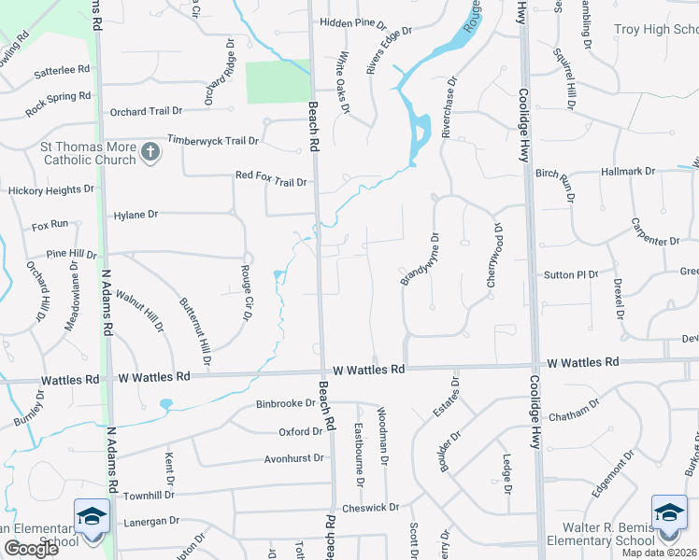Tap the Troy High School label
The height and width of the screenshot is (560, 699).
point(655,30)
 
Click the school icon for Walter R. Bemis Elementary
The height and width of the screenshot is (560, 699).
point(669,514)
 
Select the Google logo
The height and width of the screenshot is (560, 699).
point(31,549)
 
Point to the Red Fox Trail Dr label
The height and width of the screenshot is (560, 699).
point(271,175)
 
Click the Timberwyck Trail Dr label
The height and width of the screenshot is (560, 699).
point(212,140)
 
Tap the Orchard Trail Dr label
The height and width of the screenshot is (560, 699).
point(139,112)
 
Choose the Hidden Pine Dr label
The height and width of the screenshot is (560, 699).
point(352,22)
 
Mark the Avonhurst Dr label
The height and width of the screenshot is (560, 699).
point(293,458)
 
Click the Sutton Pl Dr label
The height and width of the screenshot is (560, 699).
point(570,275)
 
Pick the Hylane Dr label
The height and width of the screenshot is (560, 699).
point(136,215)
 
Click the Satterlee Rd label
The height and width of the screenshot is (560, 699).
point(60,69)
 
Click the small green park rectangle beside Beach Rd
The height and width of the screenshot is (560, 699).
point(277,82)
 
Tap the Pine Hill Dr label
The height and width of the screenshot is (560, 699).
point(72,254)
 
